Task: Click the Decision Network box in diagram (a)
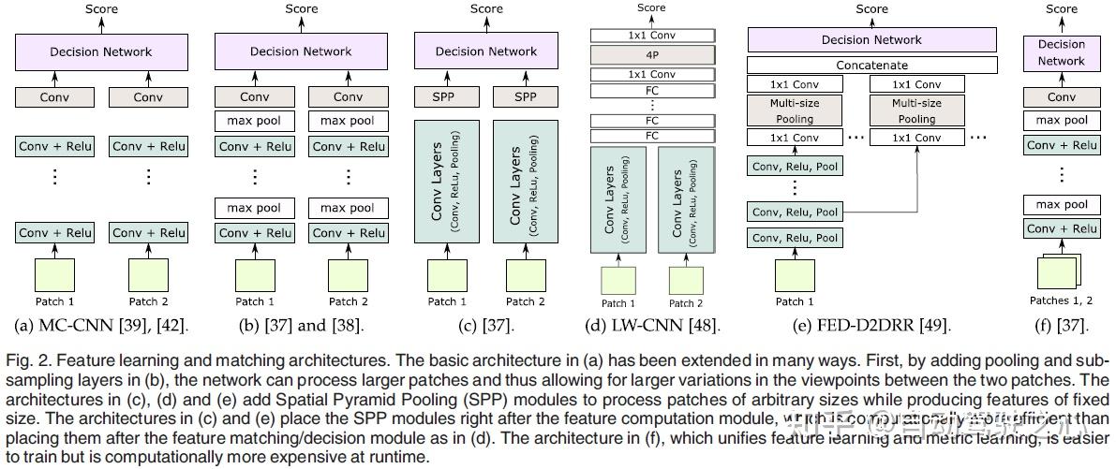(101, 51)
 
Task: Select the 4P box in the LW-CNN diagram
(651, 54)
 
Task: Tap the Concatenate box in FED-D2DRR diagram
(871, 66)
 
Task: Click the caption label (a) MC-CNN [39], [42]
(102, 325)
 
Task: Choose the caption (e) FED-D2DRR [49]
(871, 325)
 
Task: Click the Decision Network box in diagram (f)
(1061, 52)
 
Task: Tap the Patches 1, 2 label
(1062, 300)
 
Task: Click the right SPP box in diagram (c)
(526, 96)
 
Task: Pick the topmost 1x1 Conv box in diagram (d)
(651, 36)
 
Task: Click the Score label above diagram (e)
(871, 9)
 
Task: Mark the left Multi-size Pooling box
(793, 111)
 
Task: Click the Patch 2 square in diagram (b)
(348, 276)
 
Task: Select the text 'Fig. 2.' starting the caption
(25, 361)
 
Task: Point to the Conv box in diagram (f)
(1061, 96)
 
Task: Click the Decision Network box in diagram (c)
(486, 51)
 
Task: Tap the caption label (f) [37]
(1062, 325)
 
